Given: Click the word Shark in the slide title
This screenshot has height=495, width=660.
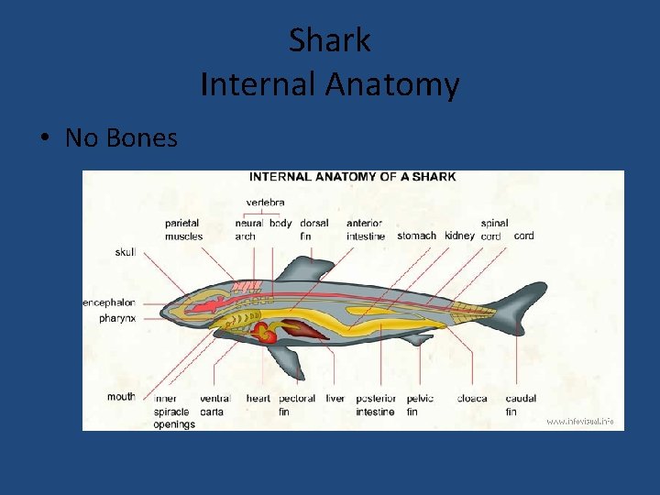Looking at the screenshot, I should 329,39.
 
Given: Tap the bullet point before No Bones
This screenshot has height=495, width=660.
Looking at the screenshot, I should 44,138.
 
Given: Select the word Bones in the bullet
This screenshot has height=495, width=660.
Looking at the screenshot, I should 141,137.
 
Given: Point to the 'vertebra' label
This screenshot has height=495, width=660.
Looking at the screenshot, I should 265,203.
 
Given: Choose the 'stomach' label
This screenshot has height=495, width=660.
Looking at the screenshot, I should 417,236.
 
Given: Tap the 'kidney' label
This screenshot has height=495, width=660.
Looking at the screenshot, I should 459,236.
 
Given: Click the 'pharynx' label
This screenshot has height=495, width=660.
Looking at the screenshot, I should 118,318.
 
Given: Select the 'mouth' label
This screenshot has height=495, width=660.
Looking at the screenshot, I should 121,397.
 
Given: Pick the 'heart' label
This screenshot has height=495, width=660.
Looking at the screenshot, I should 258,399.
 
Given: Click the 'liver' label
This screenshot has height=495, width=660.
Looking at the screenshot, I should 335,399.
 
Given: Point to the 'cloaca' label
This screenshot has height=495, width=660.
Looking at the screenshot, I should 472,399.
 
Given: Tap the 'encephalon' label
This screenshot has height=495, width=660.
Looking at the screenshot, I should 109,302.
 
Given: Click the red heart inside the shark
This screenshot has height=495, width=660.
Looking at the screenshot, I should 265,332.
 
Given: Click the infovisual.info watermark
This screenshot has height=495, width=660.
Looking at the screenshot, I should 580,422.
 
